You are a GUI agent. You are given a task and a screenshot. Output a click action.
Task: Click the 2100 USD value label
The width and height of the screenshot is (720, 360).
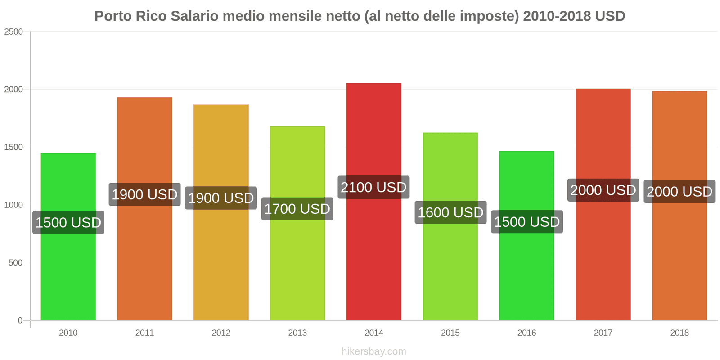(x=373, y=187)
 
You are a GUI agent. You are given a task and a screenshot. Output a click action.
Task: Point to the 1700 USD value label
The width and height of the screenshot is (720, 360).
(x=297, y=209)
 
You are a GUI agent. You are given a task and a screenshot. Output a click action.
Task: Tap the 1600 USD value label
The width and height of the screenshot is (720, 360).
(x=450, y=212)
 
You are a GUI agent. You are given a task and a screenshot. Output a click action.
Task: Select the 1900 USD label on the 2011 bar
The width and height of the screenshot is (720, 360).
(x=144, y=194)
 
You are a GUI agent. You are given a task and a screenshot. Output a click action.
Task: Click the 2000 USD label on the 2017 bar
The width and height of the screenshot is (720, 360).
(x=603, y=190)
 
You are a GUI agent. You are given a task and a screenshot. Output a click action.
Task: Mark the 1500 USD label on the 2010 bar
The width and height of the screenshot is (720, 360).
(x=68, y=222)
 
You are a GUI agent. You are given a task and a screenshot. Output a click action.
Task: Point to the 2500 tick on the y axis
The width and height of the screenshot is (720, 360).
(x=13, y=31)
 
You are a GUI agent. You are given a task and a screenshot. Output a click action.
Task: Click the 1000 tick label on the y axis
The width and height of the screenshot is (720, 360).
(x=13, y=205)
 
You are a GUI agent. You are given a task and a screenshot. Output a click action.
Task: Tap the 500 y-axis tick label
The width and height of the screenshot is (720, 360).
(x=15, y=262)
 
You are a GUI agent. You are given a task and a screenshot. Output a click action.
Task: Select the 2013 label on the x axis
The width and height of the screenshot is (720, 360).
(x=297, y=333)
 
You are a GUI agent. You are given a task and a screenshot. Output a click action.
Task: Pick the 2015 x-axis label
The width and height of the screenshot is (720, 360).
(x=450, y=333)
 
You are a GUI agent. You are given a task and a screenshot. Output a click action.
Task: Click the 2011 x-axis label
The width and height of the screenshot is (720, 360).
(x=144, y=333)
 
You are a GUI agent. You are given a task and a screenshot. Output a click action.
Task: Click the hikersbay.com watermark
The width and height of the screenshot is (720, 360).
(x=373, y=351)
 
